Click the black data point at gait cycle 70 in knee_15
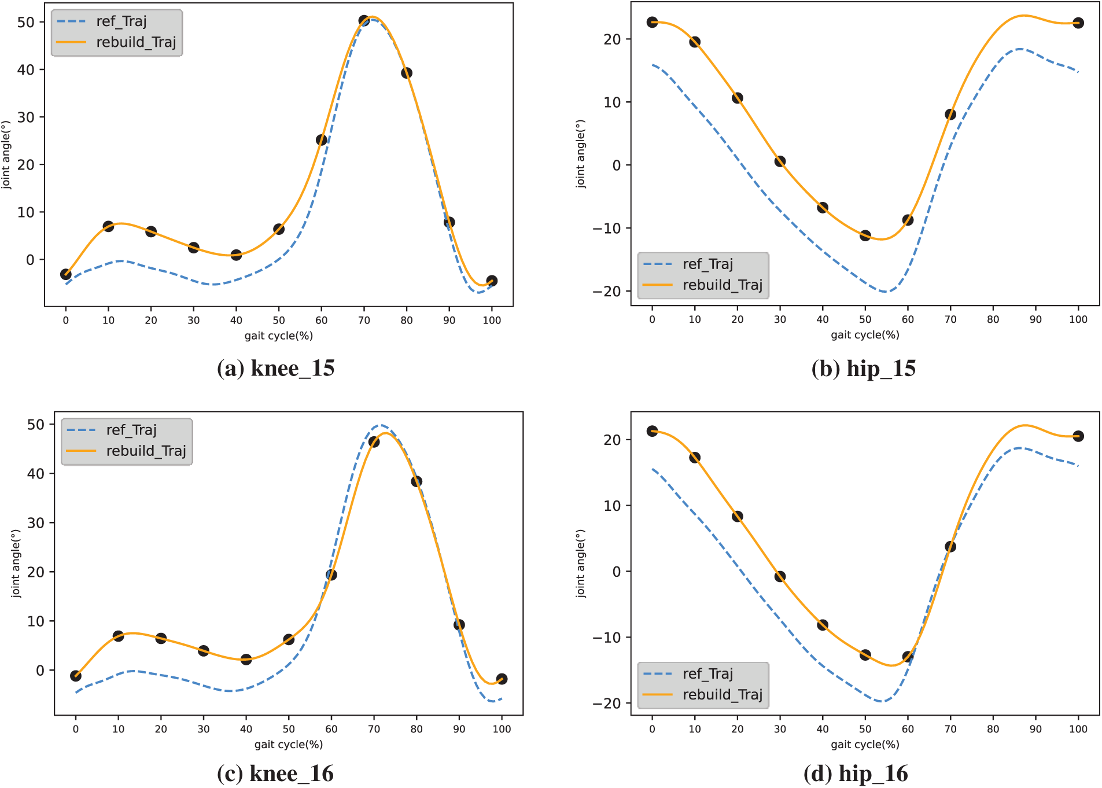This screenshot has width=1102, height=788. click(x=364, y=21)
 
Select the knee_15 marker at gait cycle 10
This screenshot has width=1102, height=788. click(x=108, y=226)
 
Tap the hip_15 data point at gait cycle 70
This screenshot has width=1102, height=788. click(x=950, y=115)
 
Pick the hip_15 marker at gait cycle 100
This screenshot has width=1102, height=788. click(x=1078, y=23)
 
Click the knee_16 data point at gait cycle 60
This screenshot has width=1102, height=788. click(x=331, y=575)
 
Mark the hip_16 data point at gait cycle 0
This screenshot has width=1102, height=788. click(x=653, y=431)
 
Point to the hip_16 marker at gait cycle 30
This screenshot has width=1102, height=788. click(x=780, y=576)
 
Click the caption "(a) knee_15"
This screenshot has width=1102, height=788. click(x=275, y=369)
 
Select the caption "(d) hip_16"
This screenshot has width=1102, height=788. click(x=856, y=774)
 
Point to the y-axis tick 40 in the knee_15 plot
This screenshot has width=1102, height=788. click(x=26, y=70)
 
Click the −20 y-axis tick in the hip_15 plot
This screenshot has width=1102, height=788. click(x=606, y=292)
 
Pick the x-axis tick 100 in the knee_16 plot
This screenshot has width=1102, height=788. click(x=502, y=729)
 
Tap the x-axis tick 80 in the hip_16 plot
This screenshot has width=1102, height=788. click(x=993, y=729)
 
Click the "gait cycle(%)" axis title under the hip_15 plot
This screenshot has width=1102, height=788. click(x=865, y=334)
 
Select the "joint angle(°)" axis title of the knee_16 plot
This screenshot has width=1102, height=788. click(x=16, y=564)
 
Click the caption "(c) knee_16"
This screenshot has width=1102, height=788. click(x=275, y=774)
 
